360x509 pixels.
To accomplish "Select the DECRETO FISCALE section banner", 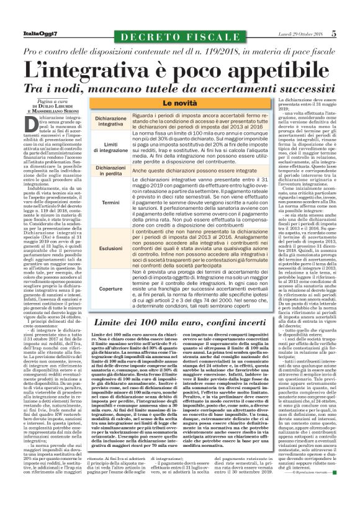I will tap(179, 20).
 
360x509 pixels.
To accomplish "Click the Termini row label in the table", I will tap(110, 202).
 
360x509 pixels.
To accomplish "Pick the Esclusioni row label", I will tap(110, 246).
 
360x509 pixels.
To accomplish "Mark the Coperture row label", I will tap(110, 289).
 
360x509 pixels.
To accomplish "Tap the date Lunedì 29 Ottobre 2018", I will tap(300, 16).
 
